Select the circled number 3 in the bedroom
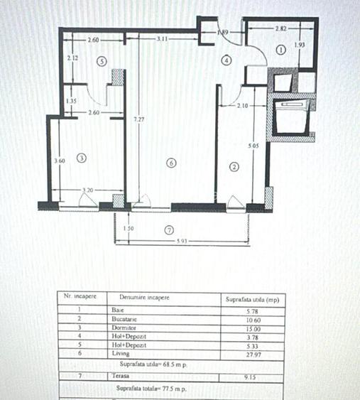pos(82,158)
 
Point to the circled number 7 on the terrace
pos(168,230)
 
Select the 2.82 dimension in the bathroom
pos(281,29)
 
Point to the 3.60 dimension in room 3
pos(59,161)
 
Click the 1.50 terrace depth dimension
pos(128,229)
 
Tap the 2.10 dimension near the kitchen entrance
pos(243,106)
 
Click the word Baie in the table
pos(118,310)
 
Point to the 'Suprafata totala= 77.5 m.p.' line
pos(151,388)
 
